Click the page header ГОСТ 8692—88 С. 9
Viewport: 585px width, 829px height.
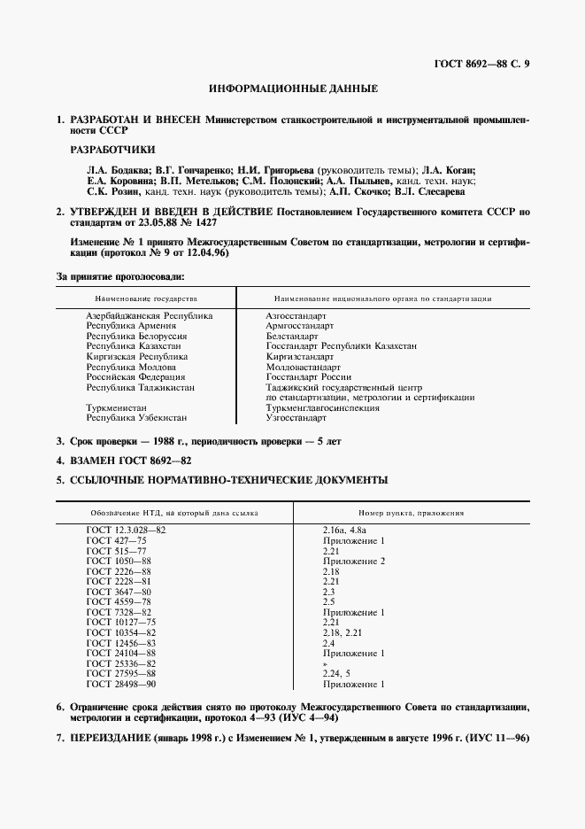point(481,63)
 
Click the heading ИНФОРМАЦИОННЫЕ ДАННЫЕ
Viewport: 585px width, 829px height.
point(293,89)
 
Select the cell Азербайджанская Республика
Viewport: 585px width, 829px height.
point(149,315)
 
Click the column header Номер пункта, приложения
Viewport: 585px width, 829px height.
point(412,513)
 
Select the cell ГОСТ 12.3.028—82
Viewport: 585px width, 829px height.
point(126,529)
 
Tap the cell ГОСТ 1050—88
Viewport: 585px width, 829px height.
point(119,561)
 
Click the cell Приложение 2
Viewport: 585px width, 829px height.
point(354,561)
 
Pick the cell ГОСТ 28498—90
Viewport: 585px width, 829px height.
point(121,685)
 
